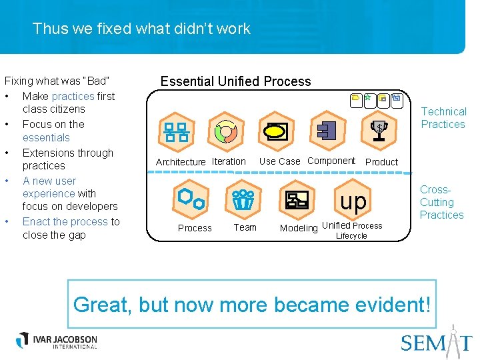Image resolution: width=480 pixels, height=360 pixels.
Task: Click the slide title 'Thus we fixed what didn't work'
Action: pos(141,29)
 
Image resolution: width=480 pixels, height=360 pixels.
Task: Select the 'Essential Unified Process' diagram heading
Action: pos(235,81)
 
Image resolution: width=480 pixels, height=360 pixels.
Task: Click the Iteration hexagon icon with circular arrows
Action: pos(227,129)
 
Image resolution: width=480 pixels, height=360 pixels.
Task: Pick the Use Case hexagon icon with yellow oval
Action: pos(275,129)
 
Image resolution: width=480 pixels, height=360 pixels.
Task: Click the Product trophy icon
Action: pos(379,129)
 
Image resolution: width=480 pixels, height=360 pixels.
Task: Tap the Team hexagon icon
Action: pos(243,198)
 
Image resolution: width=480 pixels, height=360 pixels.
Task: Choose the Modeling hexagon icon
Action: pos(297,198)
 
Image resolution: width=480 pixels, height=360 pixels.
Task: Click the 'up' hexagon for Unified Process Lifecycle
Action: pos(353,200)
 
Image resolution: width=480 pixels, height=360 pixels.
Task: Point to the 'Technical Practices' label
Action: pos(443,118)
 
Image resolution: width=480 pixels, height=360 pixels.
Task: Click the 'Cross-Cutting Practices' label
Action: pos(441,202)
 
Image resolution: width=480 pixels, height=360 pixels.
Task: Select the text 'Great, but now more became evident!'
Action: pos(252,305)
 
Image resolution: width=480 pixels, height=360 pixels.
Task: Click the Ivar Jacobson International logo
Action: pos(57,340)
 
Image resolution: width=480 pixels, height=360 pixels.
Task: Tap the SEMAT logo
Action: pos(436,341)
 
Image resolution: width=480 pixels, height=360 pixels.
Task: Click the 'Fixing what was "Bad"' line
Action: pos(57,81)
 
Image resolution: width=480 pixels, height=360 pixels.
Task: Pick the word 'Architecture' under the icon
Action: pos(181,162)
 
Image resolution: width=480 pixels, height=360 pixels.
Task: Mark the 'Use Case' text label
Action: pos(279,161)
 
